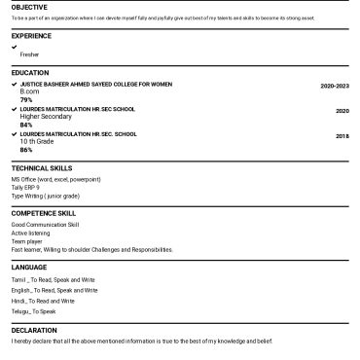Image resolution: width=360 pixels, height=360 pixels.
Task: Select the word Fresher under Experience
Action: click(x=29, y=54)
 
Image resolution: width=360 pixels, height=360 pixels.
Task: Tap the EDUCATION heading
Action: click(x=29, y=73)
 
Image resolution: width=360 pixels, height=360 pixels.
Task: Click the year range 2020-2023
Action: click(x=334, y=86)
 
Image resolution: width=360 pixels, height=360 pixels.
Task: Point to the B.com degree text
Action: click(x=29, y=91)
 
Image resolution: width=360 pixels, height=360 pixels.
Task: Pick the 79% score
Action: click(x=26, y=99)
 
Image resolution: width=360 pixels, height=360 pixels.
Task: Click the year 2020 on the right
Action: click(x=342, y=110)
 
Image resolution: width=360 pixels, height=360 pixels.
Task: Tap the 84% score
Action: click(x=26, y=125)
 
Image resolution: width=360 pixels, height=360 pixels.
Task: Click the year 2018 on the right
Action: click(x=342, y=135)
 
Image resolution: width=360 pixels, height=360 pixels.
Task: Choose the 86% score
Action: click(x=26, y=150)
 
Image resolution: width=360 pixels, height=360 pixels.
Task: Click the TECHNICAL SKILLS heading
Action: click(x=42, y=168)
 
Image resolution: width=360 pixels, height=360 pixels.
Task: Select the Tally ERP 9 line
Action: click(x=25, y=188)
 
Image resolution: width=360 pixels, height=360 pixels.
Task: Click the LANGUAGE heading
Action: click(x=28, y=267)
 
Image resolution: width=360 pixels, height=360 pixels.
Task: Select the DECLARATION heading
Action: click(x=34, y=331)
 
